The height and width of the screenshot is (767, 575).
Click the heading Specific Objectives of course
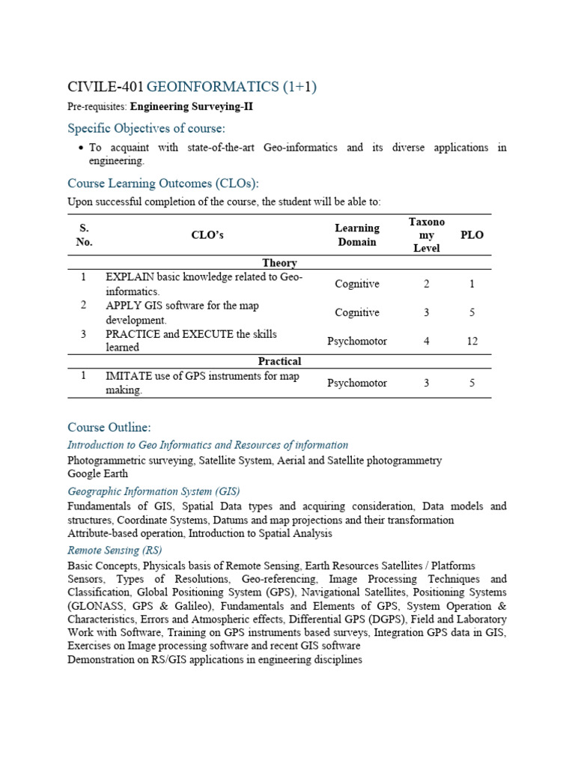point(146,128)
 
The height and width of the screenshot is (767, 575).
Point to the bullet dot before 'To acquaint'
point(80,148)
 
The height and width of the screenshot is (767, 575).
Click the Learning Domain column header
point(357,234)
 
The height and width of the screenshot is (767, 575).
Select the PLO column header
point(472,234)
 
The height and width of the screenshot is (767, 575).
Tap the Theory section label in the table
point(279,263)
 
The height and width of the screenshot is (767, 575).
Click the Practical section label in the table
point(279,361)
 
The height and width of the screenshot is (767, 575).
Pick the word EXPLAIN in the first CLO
point(129,277)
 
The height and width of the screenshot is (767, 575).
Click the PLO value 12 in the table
point(472,341)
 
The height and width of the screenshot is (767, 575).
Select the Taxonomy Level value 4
point(426,341)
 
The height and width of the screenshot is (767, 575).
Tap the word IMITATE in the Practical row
point(127,376)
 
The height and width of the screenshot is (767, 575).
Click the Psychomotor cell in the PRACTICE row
point(357,341)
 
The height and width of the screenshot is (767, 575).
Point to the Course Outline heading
point(109,427)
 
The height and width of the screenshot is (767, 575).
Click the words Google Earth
point(97,473)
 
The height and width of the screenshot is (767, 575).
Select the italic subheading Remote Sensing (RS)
point(115,551)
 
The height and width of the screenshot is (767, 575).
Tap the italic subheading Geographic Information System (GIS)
point(153,491)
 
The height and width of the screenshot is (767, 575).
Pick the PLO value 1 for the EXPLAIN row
point(472,284)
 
